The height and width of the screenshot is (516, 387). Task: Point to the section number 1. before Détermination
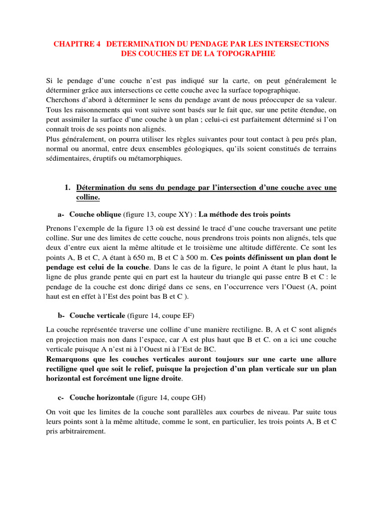tap(68, 188)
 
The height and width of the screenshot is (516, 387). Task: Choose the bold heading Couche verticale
tap(97, 315)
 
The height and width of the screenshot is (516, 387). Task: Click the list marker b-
tap(61, 315)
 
